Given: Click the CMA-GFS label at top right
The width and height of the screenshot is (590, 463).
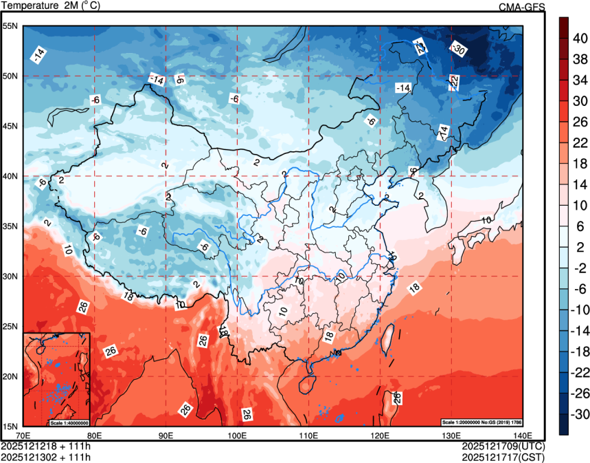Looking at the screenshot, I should [521, 7].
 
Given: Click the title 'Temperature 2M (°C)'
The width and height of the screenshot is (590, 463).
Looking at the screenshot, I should [52, 6].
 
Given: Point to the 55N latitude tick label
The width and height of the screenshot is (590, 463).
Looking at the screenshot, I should [10, 26].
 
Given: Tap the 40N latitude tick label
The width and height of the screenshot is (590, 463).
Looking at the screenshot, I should [10, 176].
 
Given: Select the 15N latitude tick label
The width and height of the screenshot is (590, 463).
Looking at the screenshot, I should [10, 426].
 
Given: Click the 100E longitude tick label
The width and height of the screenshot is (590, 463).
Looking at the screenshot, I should [237, 435].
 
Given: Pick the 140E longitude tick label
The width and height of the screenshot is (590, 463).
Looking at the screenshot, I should [523, 435].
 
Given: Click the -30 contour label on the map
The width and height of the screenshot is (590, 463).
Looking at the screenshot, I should [458, 49].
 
